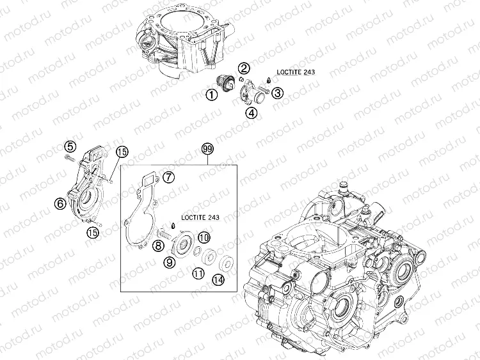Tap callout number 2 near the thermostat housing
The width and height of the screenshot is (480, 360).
pos(244,68)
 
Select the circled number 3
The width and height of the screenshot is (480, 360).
pos(277,93)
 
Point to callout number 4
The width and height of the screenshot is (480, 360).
pos(252,114)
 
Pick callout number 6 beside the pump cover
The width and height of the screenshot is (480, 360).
pos(60,204)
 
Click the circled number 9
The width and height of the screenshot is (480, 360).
pos(170,262)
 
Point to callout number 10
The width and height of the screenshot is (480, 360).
pos(204,237)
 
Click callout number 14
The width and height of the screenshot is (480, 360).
pos(219,279)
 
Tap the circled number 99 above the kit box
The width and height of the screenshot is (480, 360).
pos(207,149)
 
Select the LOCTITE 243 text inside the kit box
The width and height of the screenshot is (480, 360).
pos(201,218)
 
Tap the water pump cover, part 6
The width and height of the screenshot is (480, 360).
pos(86,189)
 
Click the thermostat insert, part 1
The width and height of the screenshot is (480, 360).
pos(226,84)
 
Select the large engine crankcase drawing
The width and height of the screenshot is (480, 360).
pos(339,269)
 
